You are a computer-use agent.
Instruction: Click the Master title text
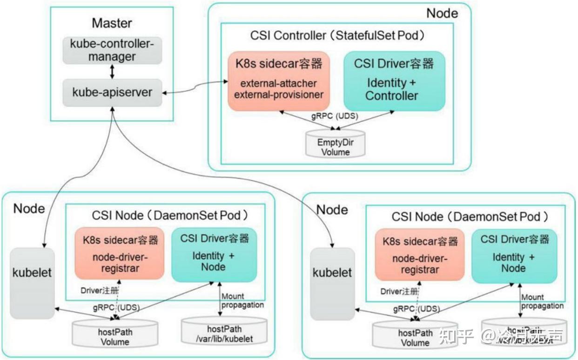112,23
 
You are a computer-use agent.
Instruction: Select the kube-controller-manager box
112,50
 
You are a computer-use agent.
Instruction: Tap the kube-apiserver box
112,92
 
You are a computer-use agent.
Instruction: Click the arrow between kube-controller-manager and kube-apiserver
112,72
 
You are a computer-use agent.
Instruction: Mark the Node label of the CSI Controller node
442,13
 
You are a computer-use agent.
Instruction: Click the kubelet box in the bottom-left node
32,284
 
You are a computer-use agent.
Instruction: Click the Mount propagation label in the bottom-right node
542,301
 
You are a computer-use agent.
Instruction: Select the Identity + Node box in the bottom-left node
214,255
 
